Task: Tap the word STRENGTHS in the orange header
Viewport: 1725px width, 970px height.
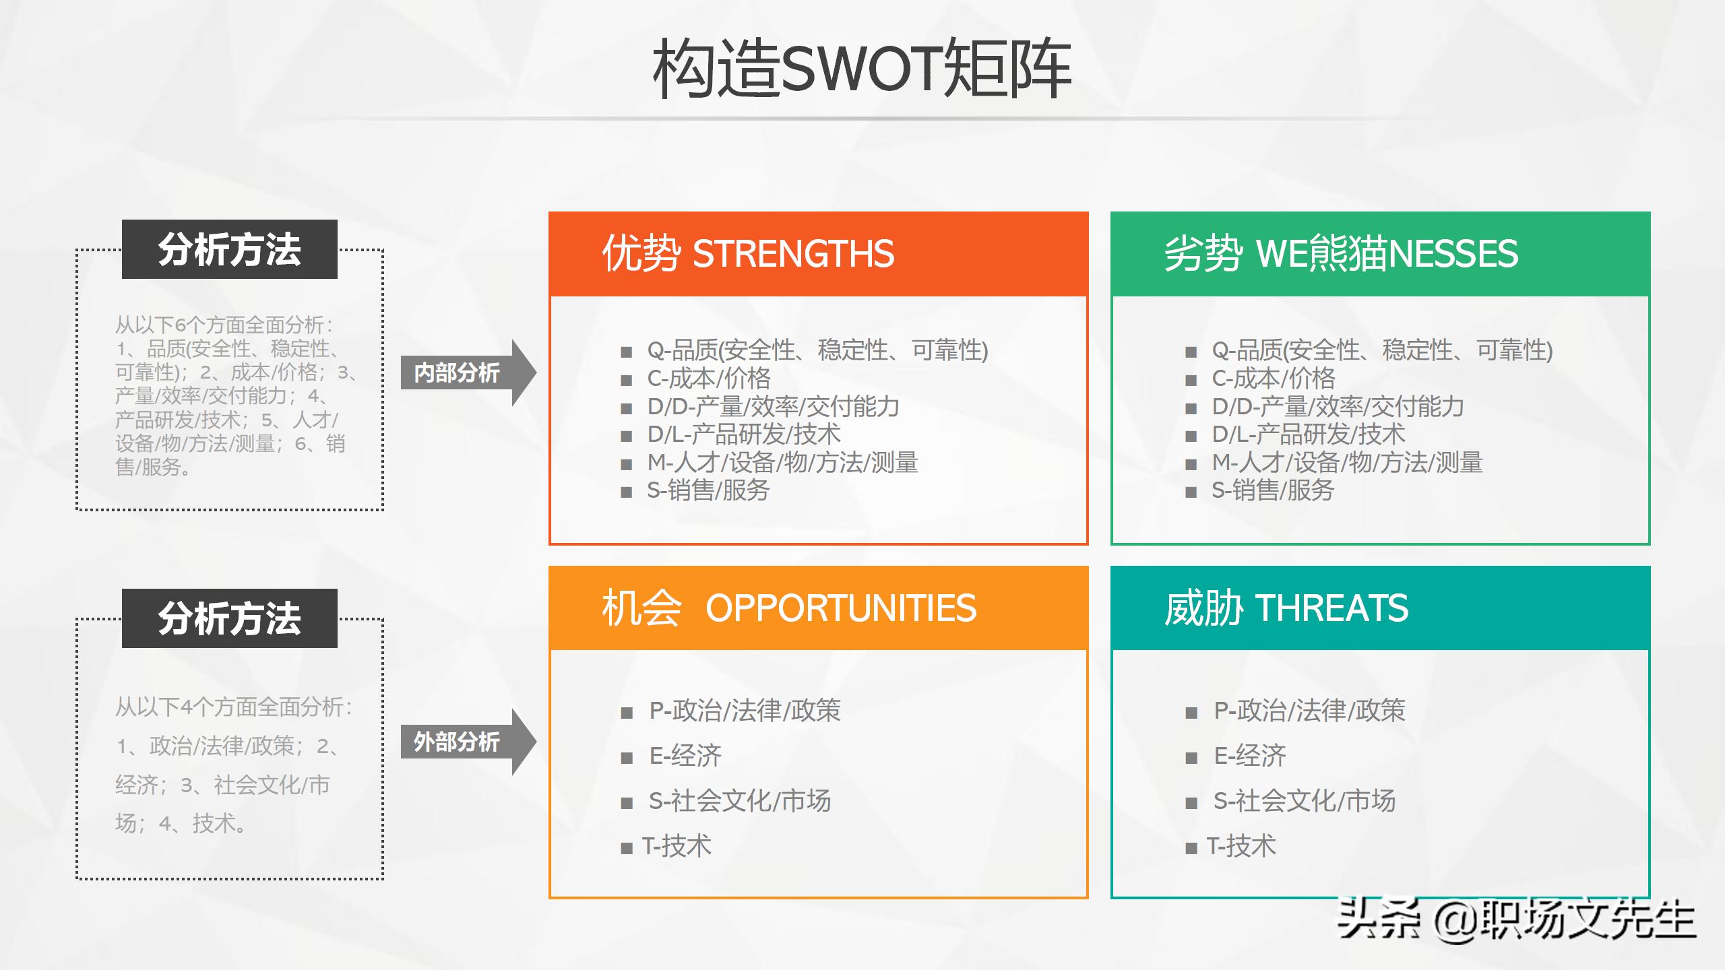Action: click(x=793, y=254)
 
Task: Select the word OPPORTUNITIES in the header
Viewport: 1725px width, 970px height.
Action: click(x=840, y=608)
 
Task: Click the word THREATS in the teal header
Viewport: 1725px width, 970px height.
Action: click(x=1331, y=608)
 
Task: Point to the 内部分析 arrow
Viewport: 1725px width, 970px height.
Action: click(x=465, y=373)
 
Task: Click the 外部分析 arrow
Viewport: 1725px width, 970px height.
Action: click(x=465, y=742)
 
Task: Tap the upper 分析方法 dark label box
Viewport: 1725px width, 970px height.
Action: click(x=229, y=249)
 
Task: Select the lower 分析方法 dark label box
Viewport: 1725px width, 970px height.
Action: click(x=229, y=618)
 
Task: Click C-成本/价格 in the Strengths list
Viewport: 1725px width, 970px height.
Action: click(x=708, y=379)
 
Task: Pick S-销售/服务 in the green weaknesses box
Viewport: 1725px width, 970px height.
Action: click(x=1272, y=490)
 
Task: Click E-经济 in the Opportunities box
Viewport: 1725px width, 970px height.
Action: click(x=685, y=756)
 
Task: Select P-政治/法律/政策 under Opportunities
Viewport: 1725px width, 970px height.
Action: click(x=745, y=711)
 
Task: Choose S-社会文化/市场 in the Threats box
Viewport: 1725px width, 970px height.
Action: click(x=1304, y=801)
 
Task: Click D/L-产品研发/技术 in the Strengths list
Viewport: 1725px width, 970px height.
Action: click(x=744, y=434)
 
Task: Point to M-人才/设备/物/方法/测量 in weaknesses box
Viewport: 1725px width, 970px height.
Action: click(x=1347, y=463)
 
